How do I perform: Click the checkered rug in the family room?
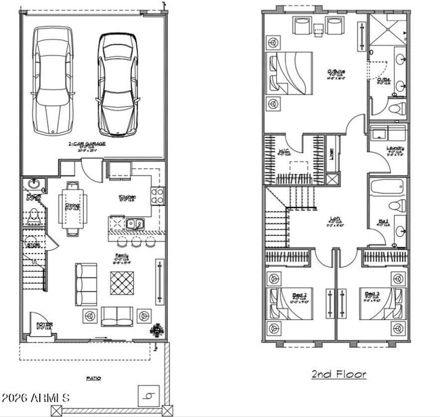(122, 282)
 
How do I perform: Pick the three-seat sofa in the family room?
(85, 284)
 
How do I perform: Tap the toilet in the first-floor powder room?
(33, 216)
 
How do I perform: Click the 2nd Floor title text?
(339, 374)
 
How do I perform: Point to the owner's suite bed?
(291, 73)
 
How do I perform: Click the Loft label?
(334, 218)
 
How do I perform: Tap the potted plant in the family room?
(158, 330)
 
